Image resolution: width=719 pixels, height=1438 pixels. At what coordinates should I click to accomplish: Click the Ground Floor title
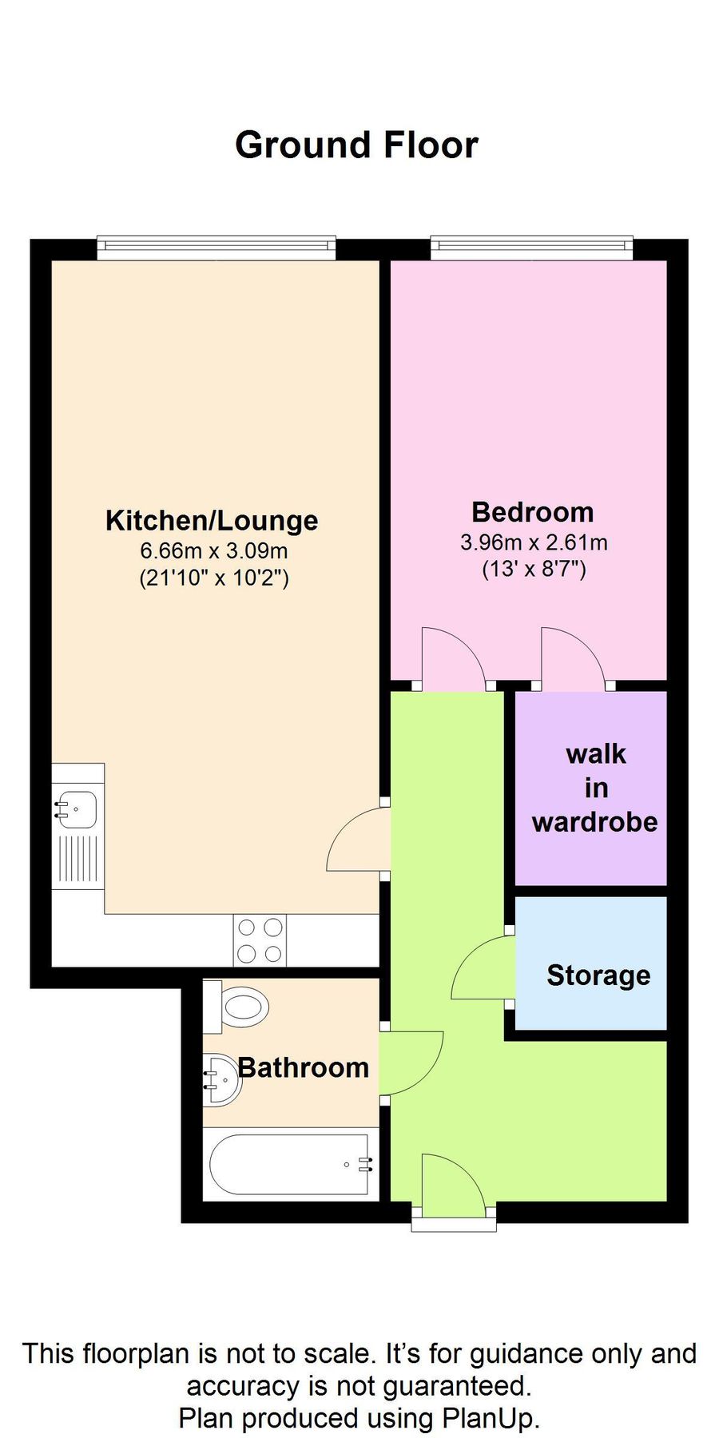coord(356,145)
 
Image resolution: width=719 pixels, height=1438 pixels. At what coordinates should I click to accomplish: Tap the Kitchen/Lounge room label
coord(212,521)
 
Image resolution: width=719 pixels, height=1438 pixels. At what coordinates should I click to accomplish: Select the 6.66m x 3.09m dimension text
coord(213,550)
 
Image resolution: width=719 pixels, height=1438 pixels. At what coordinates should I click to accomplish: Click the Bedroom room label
coord(532,512)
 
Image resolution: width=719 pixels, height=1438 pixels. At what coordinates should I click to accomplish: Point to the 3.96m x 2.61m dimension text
coord(533,542)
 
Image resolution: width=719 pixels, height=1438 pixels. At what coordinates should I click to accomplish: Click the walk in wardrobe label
coord(595,788)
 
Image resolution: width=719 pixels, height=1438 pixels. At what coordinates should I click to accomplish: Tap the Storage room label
coord(598,975)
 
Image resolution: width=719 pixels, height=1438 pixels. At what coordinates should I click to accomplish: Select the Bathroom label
coord(303,1067)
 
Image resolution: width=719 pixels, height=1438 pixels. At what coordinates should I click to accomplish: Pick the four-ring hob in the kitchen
coord(260,940)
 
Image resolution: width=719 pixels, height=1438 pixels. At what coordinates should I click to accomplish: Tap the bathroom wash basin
coord(220,1079)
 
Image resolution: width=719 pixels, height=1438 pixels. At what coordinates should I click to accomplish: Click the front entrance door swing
coord(451,1182)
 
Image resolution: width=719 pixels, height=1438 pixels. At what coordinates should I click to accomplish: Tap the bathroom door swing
coord(411,1063)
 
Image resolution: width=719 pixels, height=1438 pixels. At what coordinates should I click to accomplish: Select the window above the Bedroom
coord(531,248)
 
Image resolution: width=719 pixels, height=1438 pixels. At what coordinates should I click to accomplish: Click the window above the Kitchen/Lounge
coord(216,248)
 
